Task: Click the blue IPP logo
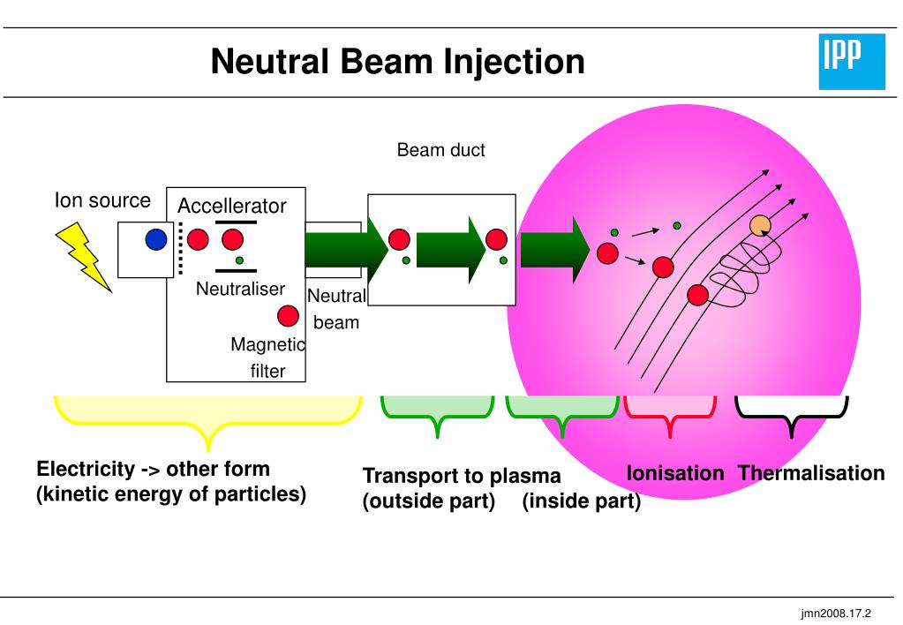(852, 62)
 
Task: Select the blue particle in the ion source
(156, 239)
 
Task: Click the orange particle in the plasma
(760, 226)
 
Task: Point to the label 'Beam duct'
(441, 150)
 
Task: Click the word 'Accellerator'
(231, 206)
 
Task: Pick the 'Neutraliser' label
(241, 289)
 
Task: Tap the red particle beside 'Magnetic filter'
(288, 316)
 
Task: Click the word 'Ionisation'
(675, 473)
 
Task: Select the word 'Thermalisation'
(811, 473)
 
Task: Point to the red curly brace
(670, 415)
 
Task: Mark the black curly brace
(791, 416)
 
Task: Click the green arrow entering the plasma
(555, 250)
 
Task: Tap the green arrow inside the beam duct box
(452, 250)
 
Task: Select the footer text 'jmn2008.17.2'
(836, 614)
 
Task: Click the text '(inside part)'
(582, 501)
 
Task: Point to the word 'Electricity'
(86, 469)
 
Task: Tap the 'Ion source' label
(102, 200)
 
